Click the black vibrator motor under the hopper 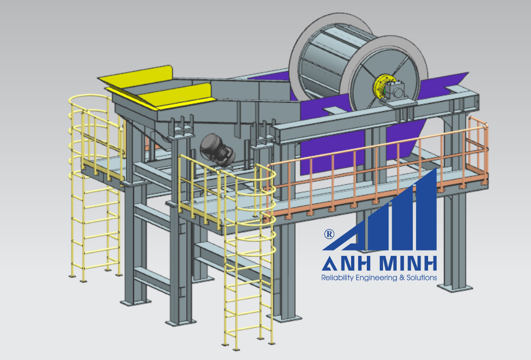[217, 150]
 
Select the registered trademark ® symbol [329, 234]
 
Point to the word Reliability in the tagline [337, 278]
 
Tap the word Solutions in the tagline [422, 278]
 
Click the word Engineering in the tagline [376, 278]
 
